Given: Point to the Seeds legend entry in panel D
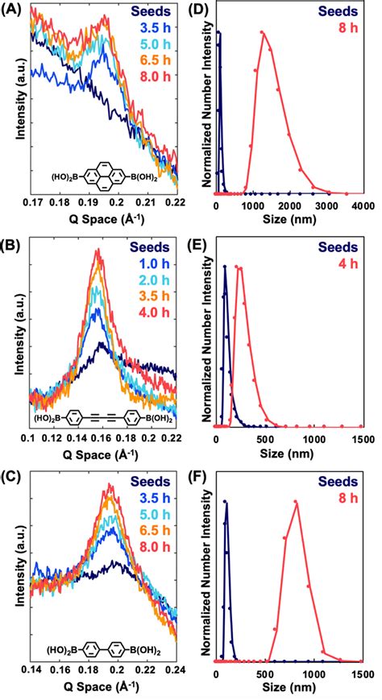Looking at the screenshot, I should tap(340, 11).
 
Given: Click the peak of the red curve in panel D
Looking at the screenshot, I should tap(263, 33).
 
